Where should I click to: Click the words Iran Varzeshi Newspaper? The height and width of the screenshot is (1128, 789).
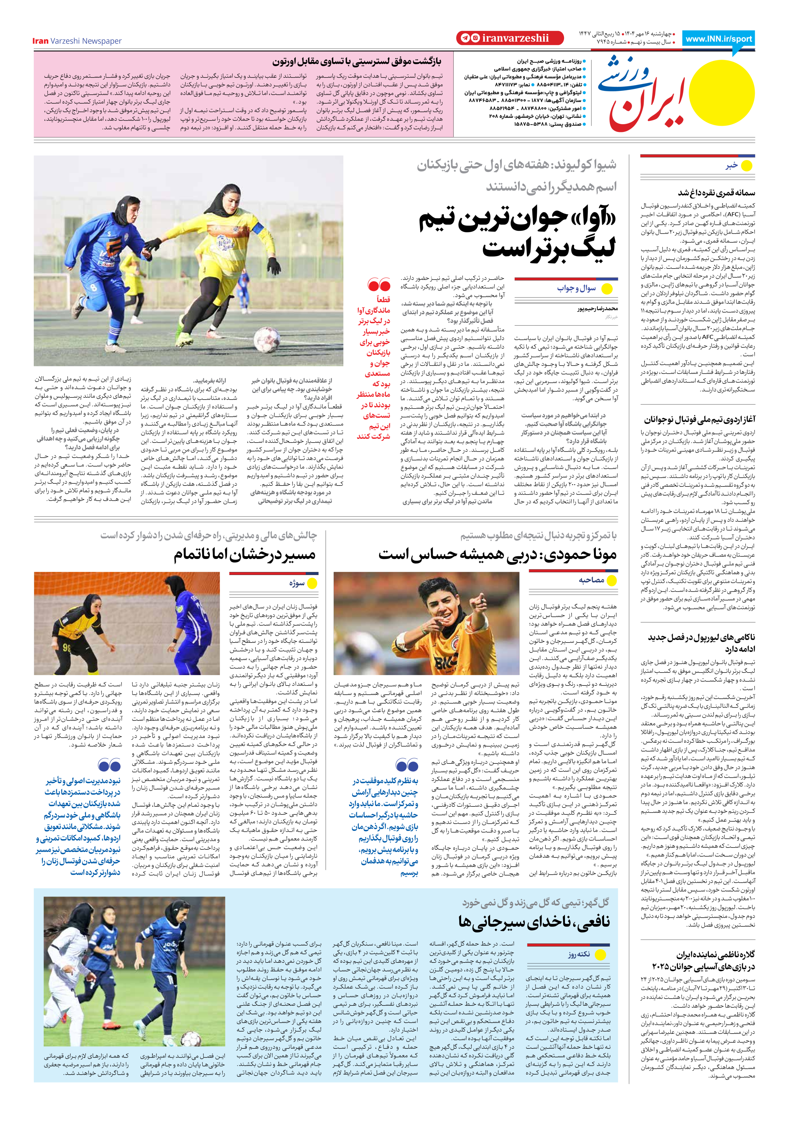tap(77, 41)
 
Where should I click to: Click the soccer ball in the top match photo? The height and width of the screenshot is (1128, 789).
tap(267, 339)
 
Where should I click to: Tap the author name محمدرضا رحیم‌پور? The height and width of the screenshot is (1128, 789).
tap(597, 309)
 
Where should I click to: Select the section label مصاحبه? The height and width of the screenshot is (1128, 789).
tap(591, 580)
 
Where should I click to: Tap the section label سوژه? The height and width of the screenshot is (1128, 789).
tap(297, 583)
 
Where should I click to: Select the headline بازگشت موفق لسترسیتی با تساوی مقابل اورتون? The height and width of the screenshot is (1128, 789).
tap(357, 62)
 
